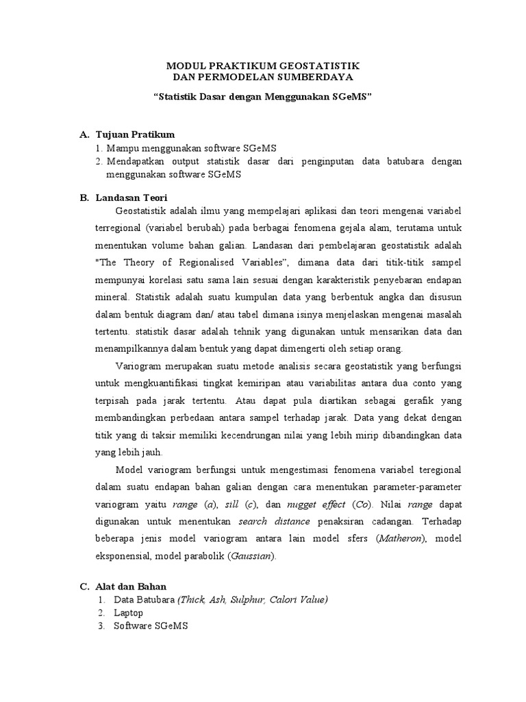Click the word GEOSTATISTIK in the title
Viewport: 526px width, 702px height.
click(318, 64)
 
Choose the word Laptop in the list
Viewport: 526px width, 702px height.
click(129, 613)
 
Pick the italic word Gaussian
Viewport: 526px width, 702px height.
click(251, 556)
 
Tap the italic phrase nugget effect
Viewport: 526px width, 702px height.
click(316, 506)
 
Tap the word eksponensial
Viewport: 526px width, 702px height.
click(126, 556)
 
